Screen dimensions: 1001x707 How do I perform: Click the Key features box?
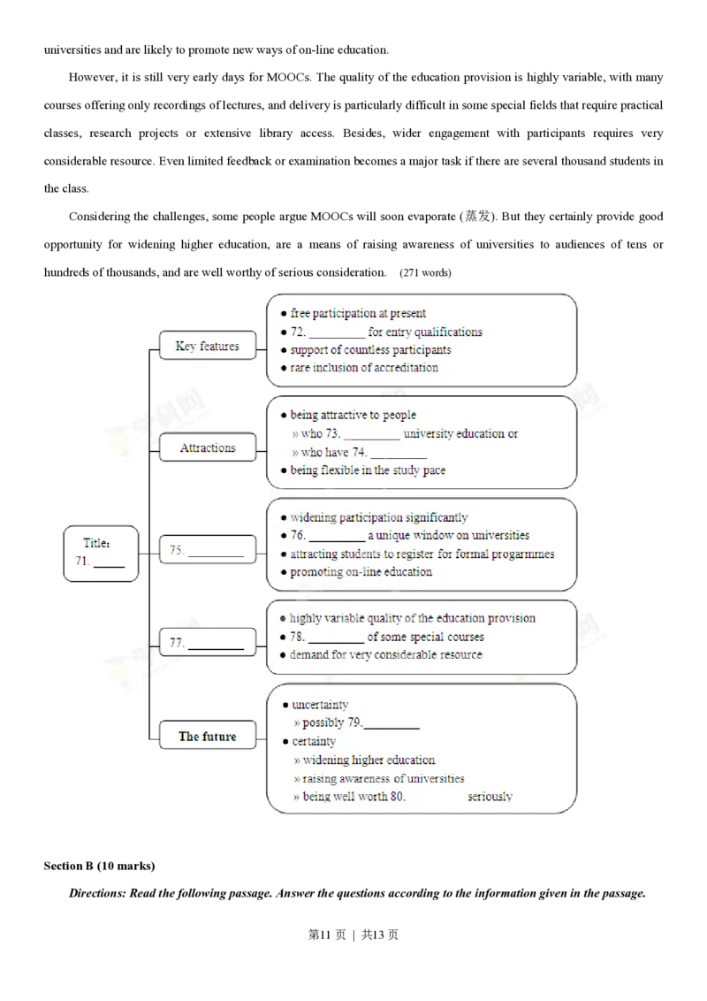tap(207, 347)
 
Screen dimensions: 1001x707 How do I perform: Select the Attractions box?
tap(208, 448)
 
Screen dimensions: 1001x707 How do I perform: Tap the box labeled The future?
tap(208, 736)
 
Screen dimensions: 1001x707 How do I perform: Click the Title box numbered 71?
tap(101, 553)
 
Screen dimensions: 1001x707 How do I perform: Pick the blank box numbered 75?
tap(207, 550)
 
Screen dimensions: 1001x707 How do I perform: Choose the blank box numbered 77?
tap(207, 644)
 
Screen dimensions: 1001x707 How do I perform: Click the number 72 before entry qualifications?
tap(298, 332)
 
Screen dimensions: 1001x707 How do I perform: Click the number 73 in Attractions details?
tap(333, 434)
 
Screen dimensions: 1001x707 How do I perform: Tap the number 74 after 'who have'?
tap(360, 453)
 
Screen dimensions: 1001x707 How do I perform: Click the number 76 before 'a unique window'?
tap(298, 536)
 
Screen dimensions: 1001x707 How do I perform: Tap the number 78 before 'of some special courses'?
tap(298, 637)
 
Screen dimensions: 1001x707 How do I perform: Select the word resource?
tap(458, 655)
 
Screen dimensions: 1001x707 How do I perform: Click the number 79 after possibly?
tap(354, 723)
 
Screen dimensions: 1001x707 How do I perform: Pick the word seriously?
tap(490, 797)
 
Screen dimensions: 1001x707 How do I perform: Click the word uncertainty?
tap(320, 705)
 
